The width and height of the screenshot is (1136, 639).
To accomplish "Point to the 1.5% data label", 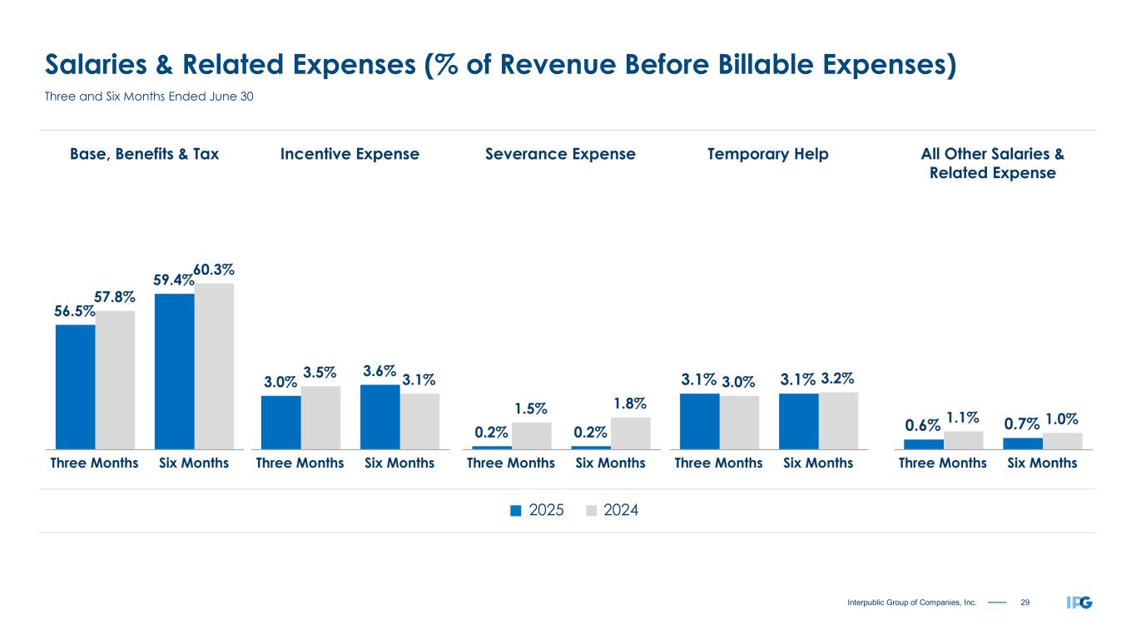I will [x=530, y=409].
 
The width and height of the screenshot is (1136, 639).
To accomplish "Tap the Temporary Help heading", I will [x=767, y=154].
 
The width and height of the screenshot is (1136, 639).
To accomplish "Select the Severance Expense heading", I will [x=560, y=154].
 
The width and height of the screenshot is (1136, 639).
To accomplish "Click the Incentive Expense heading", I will [x=350, y=154].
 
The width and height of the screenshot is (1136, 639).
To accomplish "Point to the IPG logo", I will [x=1079, y=602].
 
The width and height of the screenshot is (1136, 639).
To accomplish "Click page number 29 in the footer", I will [x=1024, y=602].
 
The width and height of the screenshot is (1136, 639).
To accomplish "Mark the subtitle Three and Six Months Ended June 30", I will [x=148, y=97].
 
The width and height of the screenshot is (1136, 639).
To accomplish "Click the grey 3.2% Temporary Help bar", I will [x=839, y=420].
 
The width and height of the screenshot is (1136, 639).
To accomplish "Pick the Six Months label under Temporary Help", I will [x=818, y=463].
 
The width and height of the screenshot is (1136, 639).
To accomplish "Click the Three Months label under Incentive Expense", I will [x=300, y=463].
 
